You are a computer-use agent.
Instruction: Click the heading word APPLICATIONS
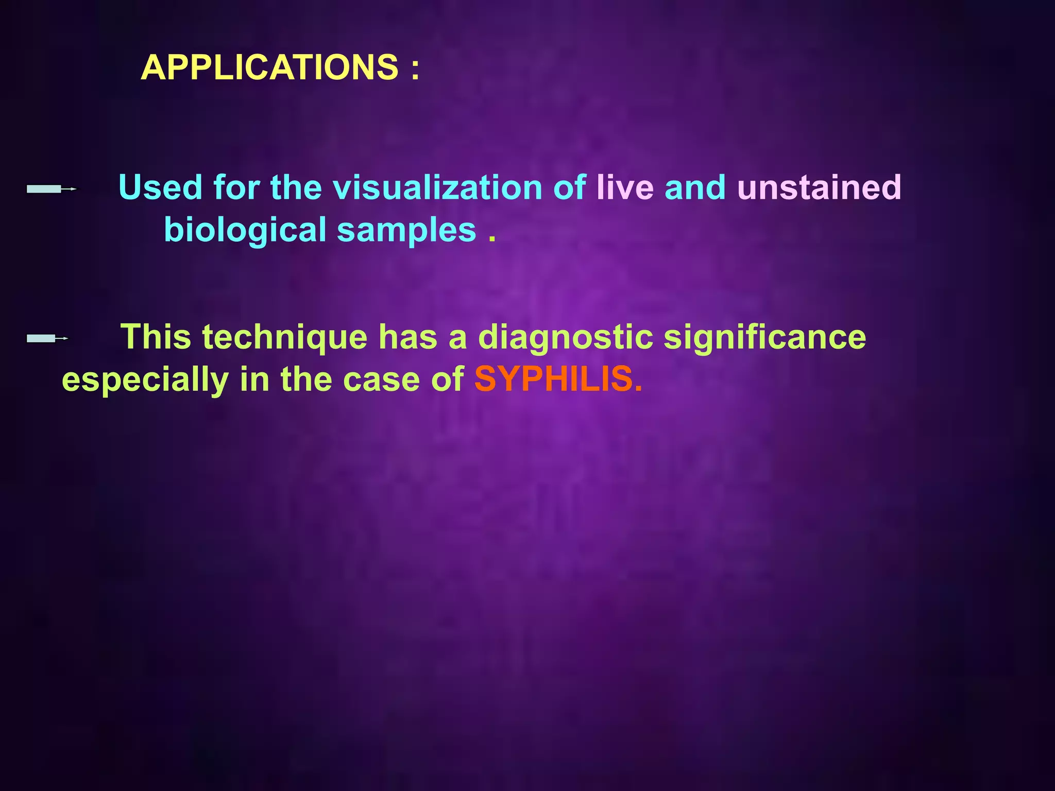[x=269, y=67]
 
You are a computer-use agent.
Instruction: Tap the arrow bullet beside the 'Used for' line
[x=52, y=189]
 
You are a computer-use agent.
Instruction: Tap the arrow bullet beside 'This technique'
[x=47, y=338]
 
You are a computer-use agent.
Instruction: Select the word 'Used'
[x=160, y=187]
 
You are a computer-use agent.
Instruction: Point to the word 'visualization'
[x=437, y=187]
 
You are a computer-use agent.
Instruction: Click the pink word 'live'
[x=625, y=187]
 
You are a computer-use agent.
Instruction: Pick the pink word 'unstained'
[x=819, y=187]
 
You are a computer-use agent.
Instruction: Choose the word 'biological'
[x=245, y=230]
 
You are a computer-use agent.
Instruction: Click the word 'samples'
[x=406, y=230]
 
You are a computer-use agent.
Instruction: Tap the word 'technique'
[x=284, y=338]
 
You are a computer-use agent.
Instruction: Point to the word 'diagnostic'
[x=565, y=338]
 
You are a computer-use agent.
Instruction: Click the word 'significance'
[x=764, y=338]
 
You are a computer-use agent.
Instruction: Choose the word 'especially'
[x=145, y=381]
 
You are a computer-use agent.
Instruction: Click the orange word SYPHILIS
[x=553, y=380]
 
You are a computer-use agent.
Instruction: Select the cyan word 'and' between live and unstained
[x=695, y=187]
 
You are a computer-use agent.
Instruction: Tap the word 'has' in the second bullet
[x=407, y=337]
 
